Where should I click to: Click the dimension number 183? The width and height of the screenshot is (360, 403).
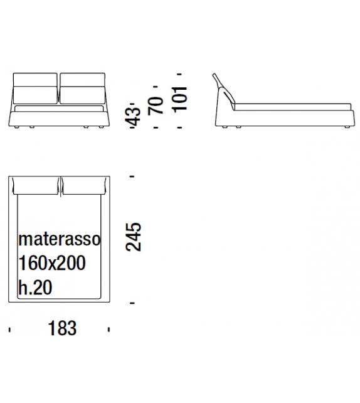61,328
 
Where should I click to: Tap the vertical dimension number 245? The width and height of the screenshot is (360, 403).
134,237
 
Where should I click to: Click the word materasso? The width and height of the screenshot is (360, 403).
59,239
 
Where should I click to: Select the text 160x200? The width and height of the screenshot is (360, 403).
52,263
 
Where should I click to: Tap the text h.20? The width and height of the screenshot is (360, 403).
35,287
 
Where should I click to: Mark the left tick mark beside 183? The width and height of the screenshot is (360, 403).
9,328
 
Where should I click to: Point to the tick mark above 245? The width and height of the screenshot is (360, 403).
132,177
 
